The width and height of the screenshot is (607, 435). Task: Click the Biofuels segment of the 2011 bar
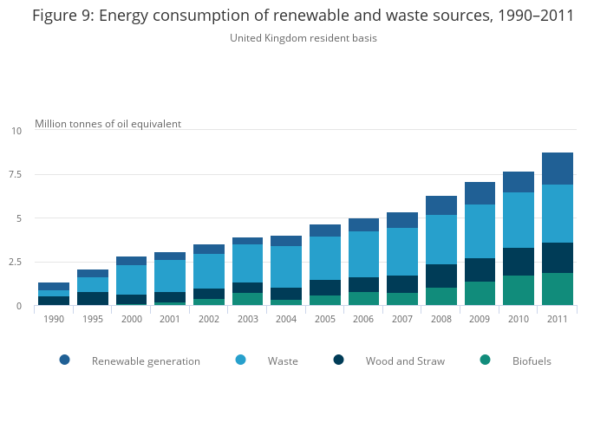pyautogui.click(x=558, y=289)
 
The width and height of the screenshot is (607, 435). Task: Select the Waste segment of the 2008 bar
pyautogui.click(x=441, y=239)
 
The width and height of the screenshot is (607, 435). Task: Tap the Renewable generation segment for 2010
pyautogui.click(x=519, y=182)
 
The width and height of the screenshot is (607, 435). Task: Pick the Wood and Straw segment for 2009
pyautogui.click(x=480, y=269)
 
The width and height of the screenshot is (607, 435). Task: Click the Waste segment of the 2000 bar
pyautogui.click(x=131, y=280)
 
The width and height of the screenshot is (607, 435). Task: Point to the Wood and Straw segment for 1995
pyautogui.click(x=92, y=298)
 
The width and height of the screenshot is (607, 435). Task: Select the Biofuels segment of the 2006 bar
pyautogui.click(x=363, y=299)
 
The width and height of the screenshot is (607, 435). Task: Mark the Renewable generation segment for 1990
pyautogui.click(x=54, y=286)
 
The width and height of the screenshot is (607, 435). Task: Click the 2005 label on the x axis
pyautogui.click(x=325, y=318)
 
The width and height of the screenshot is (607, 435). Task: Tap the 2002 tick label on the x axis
pyautogui.click(x=209, y=318)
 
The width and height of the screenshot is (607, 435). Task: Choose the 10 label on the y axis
pyautogui.click(x=16, y=131)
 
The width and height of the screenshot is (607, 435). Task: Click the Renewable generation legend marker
pyautogui.click(x=65, y=360)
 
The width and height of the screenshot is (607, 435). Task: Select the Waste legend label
pyautogui.click(x=283, y=361)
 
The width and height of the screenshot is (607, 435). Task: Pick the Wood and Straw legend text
pyautogui.click(x=405, y=361)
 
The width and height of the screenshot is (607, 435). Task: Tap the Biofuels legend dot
pyautogui.click(x=486, y=360)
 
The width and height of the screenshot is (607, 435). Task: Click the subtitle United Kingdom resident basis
pyautogui.click(x=303, y=38)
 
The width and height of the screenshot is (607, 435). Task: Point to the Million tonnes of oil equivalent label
pyautogui.click(x=108, y=124)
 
